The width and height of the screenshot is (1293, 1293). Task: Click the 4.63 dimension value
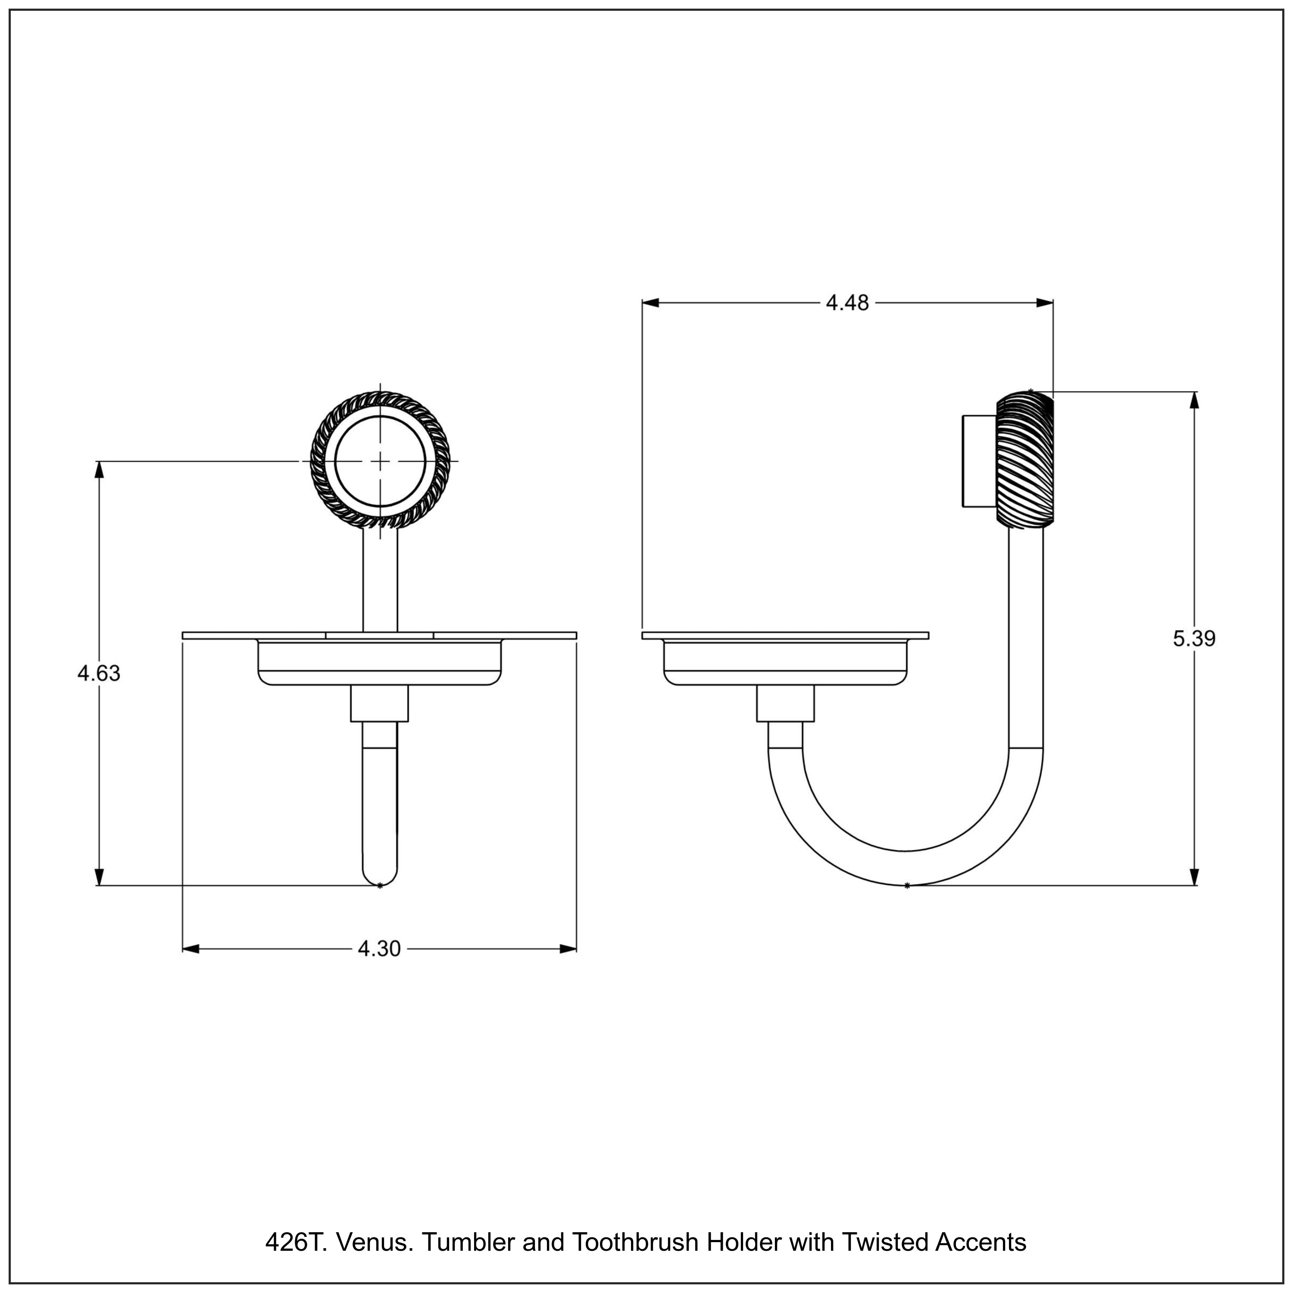click(x=99, y=673)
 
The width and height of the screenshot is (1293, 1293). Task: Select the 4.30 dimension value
click(x=379, y=949)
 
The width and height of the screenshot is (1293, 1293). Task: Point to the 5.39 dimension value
click(x=1194, y=639)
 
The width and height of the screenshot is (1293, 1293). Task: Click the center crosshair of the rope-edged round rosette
click(x=380, y=462)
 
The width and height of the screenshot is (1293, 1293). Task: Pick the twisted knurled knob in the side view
click(x=1024, y=461)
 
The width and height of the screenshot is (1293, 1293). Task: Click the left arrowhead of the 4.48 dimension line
click(x=650, y=303)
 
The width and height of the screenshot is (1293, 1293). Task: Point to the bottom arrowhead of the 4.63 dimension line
click(x=99, y=877)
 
